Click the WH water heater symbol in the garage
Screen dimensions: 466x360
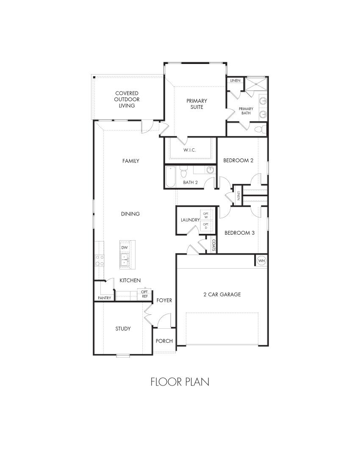[x=261, y=261]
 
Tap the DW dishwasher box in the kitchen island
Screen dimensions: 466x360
[x=125, y=247]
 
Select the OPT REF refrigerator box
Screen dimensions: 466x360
[x=144, y=294]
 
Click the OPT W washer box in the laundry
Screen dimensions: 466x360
[x=206, y=215]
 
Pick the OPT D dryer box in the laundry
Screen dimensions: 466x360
[x=206, y=226]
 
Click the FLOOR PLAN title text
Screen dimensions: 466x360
[x=180, y=382]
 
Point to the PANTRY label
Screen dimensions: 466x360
[x=104, y=298]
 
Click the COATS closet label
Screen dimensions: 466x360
[x=214, y=245]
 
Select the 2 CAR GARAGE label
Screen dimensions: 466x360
[x=222, y=294]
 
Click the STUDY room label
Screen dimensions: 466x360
[x=123, y=329]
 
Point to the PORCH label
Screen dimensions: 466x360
[x=164, y=341]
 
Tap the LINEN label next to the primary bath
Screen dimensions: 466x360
[x=235, y=80]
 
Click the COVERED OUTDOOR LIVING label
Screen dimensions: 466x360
[x=127, y=99]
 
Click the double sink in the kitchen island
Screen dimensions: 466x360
[x=125, y=259]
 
